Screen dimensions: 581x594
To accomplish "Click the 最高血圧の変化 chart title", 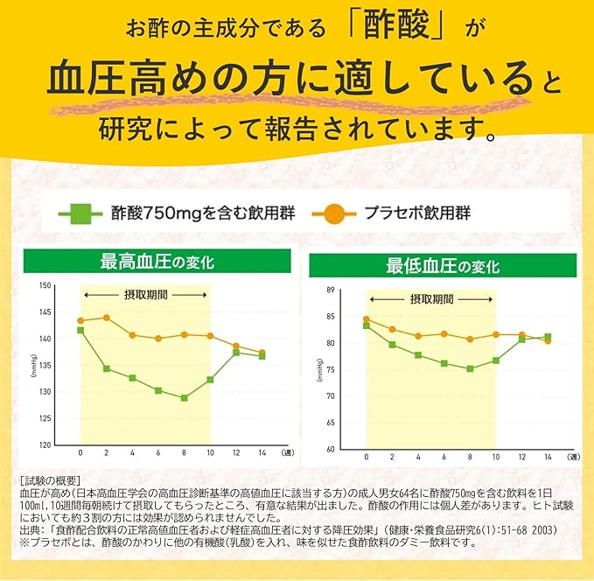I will point(157,261).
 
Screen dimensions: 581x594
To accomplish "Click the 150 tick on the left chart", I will point(46,285).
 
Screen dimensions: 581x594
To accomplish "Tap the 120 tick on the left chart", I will point(46,444).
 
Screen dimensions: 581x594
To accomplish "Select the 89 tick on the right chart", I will point(331,289).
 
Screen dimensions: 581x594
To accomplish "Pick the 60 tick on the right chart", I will point(331,449).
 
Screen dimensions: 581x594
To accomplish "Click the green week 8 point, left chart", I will point(184,398).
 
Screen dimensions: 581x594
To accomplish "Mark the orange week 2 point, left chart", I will point(107,318).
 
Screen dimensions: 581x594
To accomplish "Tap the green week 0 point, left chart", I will point(80,330).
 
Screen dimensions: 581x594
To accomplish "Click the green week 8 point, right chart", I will point(470,368).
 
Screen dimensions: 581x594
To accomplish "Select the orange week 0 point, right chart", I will point(367,319).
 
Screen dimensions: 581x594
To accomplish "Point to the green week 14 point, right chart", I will point(548,337).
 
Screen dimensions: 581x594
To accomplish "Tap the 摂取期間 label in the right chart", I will point(431,298).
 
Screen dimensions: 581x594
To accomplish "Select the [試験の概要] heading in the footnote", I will point(49,480).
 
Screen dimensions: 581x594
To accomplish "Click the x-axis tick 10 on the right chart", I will point(496,458).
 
